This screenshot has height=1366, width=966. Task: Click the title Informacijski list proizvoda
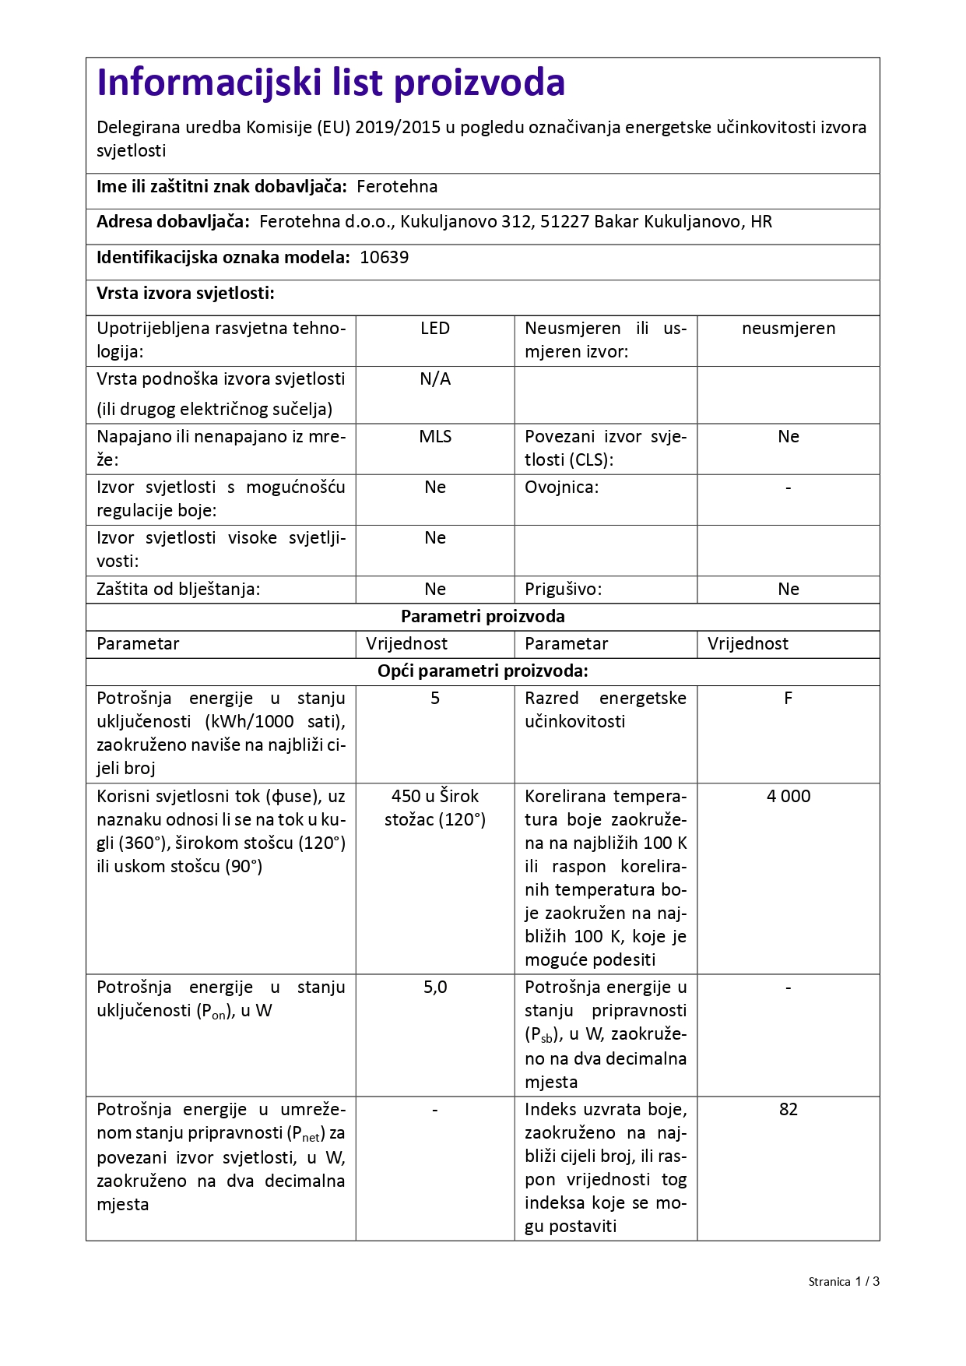coord(331,83)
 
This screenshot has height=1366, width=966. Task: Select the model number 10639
coord(384,258)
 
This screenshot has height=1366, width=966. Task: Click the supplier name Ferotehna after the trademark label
coord(397,187)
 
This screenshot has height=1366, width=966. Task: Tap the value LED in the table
coord(434,329)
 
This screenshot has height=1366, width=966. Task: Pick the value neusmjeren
coord(788,329)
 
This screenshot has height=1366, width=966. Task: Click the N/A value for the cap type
coord(434,379)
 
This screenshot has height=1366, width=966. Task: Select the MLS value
coord(434,437)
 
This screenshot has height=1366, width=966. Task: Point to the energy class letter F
coord(788,699)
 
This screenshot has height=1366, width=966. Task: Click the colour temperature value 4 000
coord(788,796)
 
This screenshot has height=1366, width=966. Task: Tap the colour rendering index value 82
coord(788,1109)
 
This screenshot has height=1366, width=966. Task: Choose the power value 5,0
coord(434,988)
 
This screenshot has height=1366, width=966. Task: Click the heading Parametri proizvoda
coord(483,617)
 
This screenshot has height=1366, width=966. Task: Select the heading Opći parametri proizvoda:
coord(483,671)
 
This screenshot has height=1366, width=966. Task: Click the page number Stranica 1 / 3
coord(843,1282)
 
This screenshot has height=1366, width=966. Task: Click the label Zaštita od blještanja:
coord(178,590)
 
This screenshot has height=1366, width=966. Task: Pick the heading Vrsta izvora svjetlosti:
coord(185,294)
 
